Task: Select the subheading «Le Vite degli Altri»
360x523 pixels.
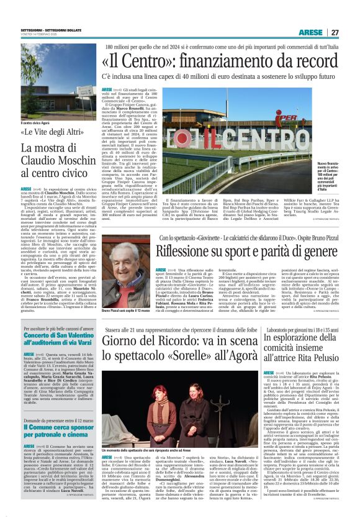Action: [x=52, y=132]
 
